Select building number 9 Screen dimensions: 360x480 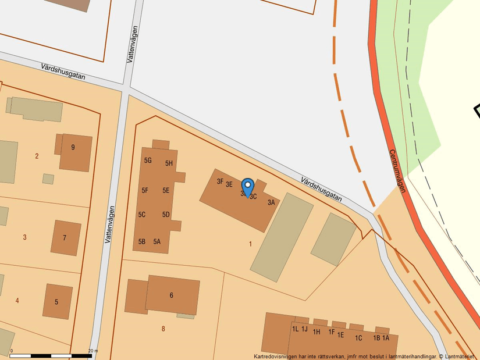(73, 148)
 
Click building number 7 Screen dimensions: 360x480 (65, 238)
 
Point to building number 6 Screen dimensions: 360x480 (171, 295)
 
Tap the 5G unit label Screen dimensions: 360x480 (148, 161)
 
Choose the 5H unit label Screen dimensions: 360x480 (169, 163)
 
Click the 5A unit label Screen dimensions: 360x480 (157, 242)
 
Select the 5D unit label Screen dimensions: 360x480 (166, 215)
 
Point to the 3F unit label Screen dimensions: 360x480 (221, 181)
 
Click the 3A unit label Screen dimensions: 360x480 (271, 203)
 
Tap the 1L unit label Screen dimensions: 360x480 (295, 329)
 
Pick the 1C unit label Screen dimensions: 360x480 (358, 338)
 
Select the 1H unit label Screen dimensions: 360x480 (317, 332)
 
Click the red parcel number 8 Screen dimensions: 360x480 (163, 329)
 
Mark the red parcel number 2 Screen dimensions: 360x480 (37, 156)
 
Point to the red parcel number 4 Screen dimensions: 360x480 (17, 301)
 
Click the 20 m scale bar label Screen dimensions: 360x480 (93, 351)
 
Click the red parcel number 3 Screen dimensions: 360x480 (24, 237)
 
